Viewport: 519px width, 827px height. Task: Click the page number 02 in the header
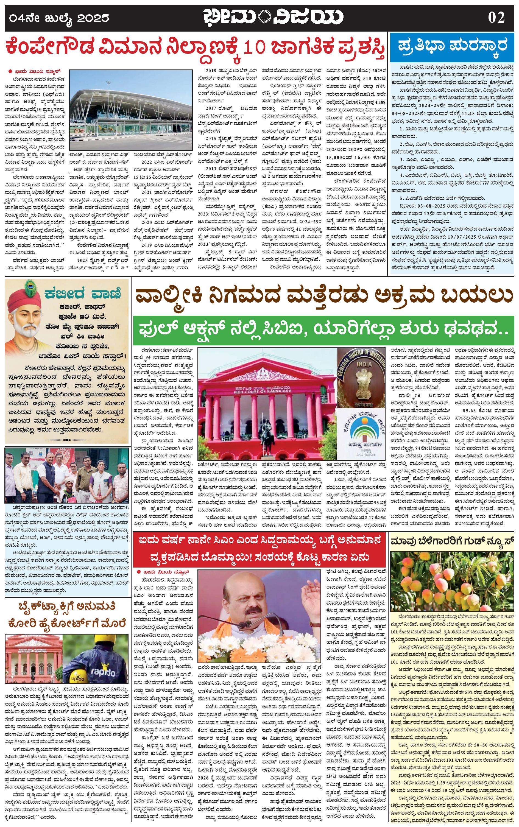496,17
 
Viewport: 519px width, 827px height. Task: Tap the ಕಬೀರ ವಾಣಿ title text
82,294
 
